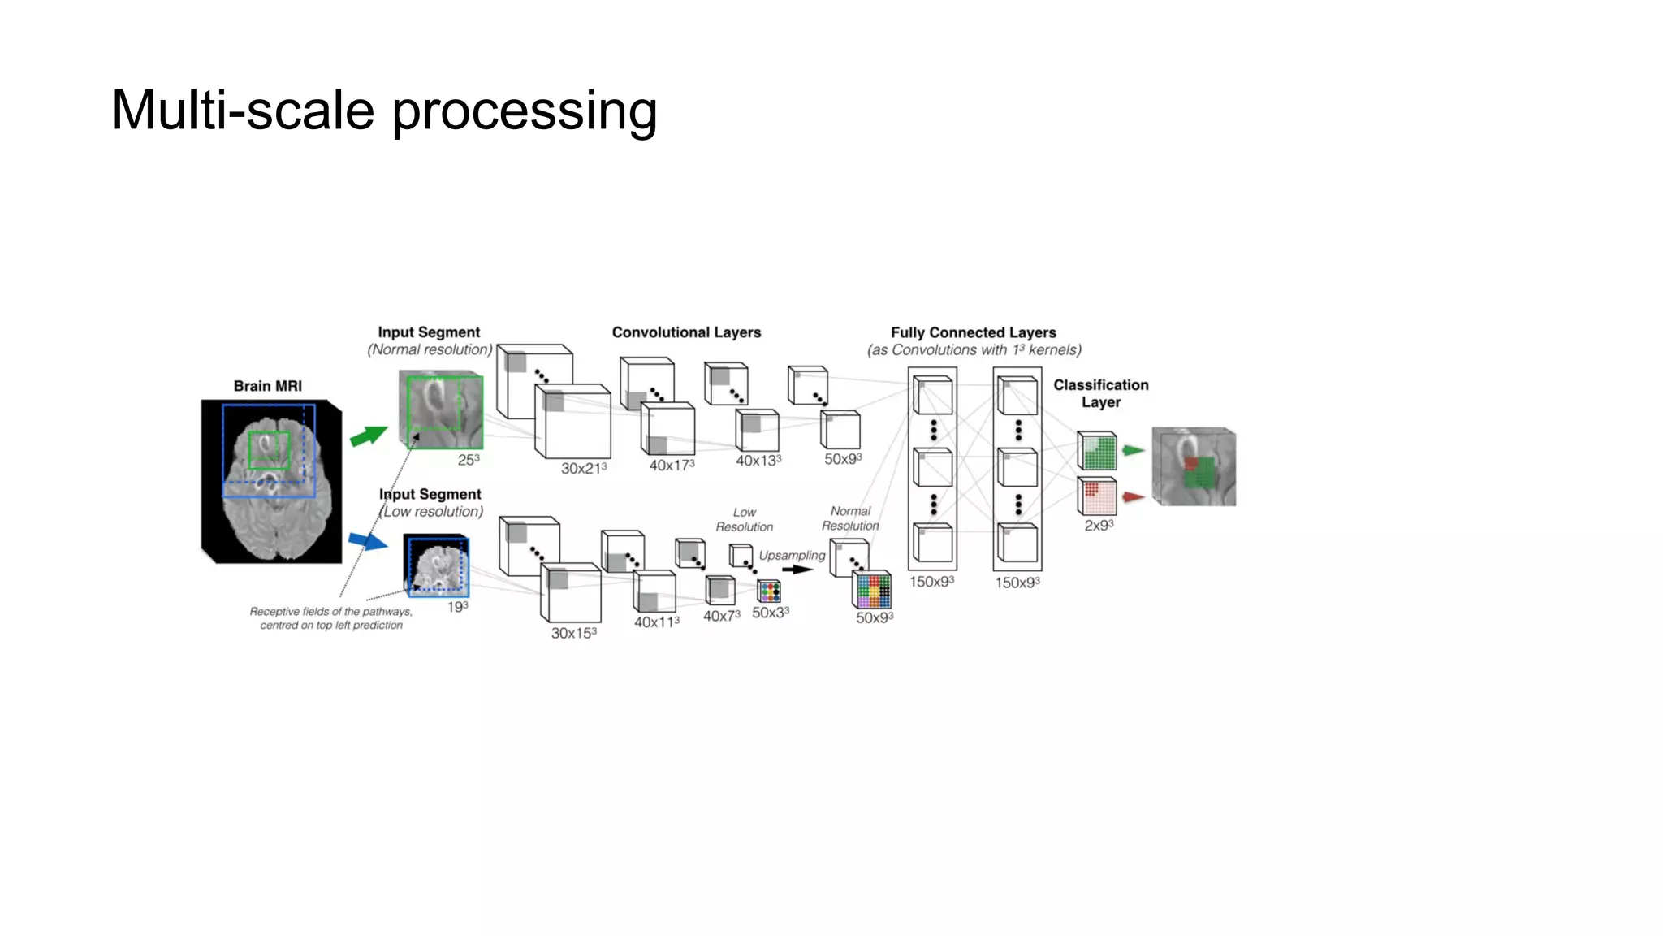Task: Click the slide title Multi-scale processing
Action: (384, 110)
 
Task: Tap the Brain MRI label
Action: (268, 386)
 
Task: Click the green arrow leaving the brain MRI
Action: (369, 435)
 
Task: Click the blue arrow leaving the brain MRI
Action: (369, 540)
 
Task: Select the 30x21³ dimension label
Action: (584, 469)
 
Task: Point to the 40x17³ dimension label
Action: (672, 466)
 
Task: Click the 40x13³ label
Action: (758, 461)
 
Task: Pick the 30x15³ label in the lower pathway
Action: (574, 633)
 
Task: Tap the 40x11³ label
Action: (657, 622)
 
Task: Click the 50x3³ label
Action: (770, 613)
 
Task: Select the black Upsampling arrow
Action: (798, 570)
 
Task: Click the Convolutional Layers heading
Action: (686, 332)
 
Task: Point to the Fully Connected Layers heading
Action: (973, 332)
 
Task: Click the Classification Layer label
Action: (1101, 393)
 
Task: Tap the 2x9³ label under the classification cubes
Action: (1099, 526)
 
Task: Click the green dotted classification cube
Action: (1097, 451)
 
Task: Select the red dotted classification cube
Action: (1097, 496)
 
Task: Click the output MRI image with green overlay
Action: (1194, 467)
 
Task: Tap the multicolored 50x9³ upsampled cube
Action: (872, 591)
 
